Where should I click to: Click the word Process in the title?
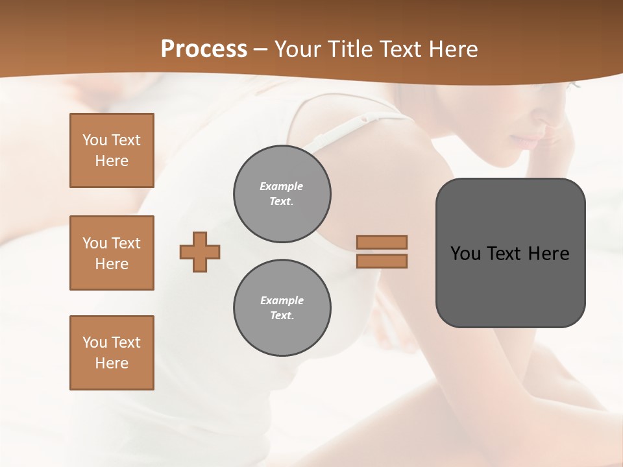204,49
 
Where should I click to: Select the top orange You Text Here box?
112,150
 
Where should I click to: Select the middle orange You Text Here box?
112,253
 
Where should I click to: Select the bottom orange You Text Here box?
112,353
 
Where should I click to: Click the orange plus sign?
200,252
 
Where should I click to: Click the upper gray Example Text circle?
282,194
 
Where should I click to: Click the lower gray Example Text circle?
282,308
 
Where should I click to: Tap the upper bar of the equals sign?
382,242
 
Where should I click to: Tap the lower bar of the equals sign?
382,261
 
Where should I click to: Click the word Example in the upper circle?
282,186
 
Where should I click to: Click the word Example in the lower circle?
282,300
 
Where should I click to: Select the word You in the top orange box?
94,140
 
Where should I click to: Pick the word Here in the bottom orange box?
112,363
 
